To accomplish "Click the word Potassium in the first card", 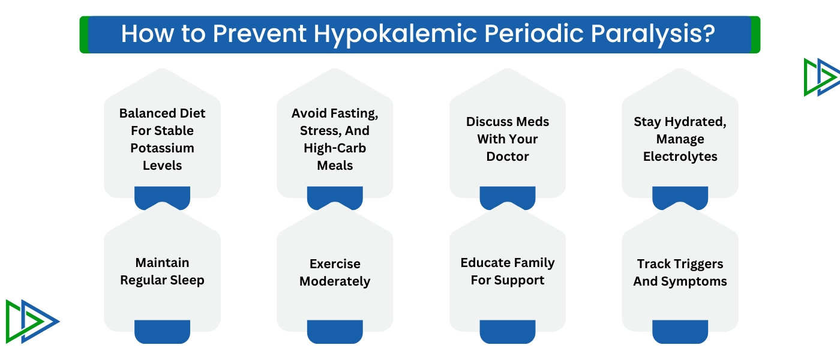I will coord(162,148).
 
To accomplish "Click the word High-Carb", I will coord(335,148).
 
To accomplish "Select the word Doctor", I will coord(508,156).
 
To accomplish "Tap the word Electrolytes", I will coord(680,156).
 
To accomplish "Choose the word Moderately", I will coord(335,281).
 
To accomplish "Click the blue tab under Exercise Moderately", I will coord(335,331).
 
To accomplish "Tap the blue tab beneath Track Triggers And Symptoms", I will coord(680,331).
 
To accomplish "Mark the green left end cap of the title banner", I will coord(84,35).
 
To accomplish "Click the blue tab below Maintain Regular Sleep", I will coord(162,331).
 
